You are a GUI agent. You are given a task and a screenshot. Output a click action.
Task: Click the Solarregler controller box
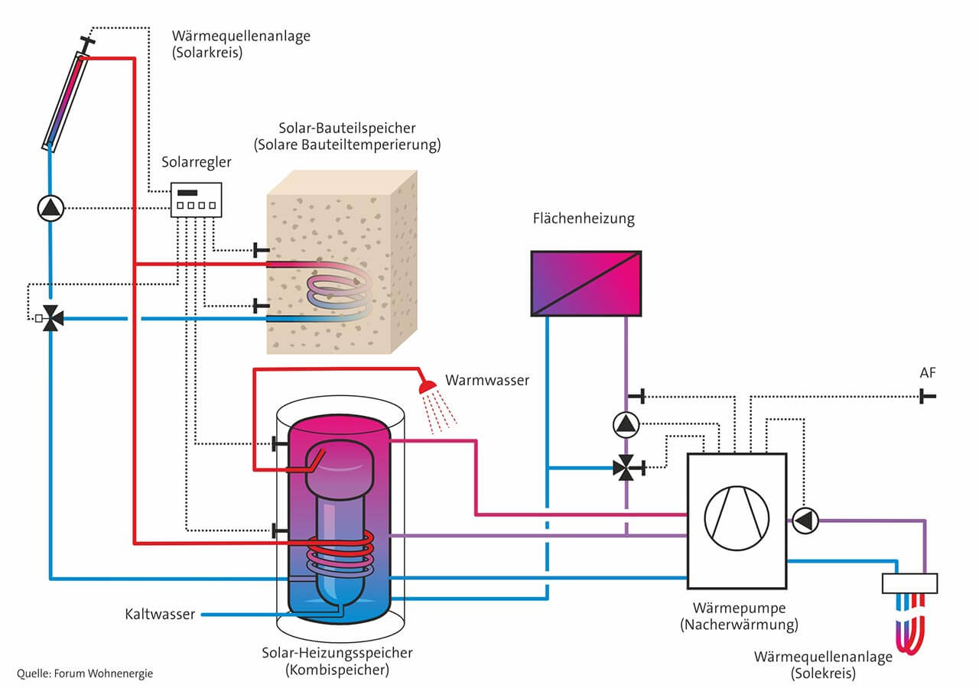click(196, 200)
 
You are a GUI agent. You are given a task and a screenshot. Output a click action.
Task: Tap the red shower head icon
click(427, 387)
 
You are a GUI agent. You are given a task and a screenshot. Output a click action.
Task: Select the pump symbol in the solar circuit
click(50, 208)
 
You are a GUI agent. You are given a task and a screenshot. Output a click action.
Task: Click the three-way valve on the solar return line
click(50, 318)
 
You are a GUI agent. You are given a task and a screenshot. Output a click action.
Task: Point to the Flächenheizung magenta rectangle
click(586, 283)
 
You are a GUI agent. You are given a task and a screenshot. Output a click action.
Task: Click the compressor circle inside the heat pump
click(737, 518)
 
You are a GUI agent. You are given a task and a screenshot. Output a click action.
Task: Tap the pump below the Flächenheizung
click(626, 424)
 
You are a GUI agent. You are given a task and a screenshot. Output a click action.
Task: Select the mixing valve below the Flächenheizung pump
click(626, 468)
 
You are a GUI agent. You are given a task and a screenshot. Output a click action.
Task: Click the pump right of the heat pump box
click(805, 521)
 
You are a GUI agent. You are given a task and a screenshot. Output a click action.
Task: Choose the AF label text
click(928, 372)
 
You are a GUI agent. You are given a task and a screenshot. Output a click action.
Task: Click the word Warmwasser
click(487, 380)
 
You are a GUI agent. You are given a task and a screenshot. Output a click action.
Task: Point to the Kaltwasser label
click(160, 614)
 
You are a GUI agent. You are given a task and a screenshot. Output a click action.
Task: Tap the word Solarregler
click(197, 162)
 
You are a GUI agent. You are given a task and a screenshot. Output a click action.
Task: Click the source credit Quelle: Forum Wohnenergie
click(85, 673)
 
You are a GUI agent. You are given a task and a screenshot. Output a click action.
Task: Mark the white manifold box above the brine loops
click(909, 583)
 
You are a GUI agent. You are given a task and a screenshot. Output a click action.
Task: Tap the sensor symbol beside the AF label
click(927, 397)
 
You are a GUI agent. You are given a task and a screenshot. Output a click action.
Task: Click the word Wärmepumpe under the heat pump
click(739, 608)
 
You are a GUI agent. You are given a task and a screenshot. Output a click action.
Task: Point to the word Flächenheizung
click(584, 218)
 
